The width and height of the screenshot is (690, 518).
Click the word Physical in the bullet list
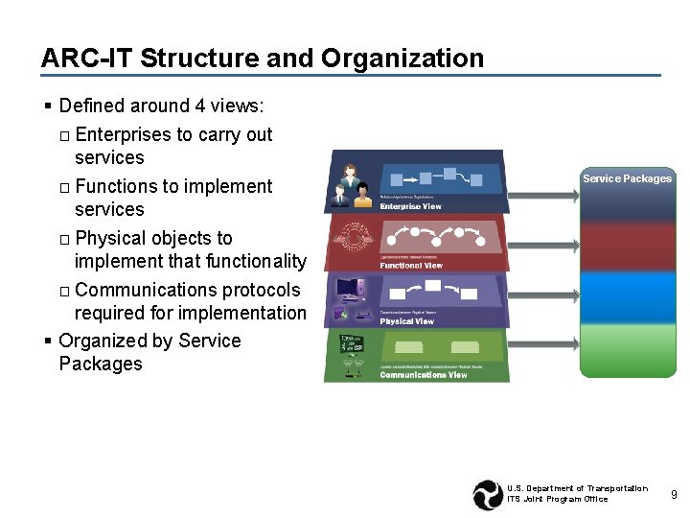pyautogui.click(x=107, y=238)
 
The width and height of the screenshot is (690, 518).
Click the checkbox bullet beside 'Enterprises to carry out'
pyautogui.click(x=64, y=135)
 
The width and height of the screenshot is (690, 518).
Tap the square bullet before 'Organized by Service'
pyautogui.click(x=47, y=341)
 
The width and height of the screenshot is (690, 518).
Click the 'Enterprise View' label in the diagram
pyautogui.click(x=410, y=206)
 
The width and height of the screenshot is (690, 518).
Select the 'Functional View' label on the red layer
pyautogui.click(x=411, y=265)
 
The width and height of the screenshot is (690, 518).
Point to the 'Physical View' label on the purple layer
pyautogui.click(x=406, y=321)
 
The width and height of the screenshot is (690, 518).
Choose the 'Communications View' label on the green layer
pyautogui.click(x=423, y=375)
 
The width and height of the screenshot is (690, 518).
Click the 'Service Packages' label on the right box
pyautogui.click(x=627, y=178)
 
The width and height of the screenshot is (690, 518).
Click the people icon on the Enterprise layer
pyautogui.click(x=351, y=186)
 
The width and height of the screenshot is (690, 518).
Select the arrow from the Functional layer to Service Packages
pyautogui.click(x=543, y=247)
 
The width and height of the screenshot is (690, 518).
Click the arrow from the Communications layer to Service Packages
pyautogui.click(x=543, y=341)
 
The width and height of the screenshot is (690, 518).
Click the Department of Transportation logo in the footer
pyautogui.click(x=488, y=494)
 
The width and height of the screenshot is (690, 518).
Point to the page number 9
pyautogui.click(x=674, y=494)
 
